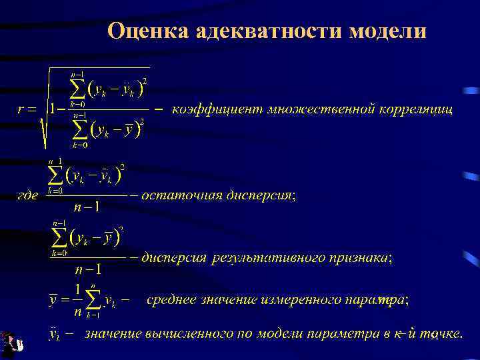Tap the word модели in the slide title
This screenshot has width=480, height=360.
(x=387, y=31)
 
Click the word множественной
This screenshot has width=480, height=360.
(x=321, y=108)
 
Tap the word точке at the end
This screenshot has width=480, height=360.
(x=439, y=333)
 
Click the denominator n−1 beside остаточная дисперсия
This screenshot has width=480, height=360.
(x=86, y=207)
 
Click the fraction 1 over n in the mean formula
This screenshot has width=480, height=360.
(x=77, y=300)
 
